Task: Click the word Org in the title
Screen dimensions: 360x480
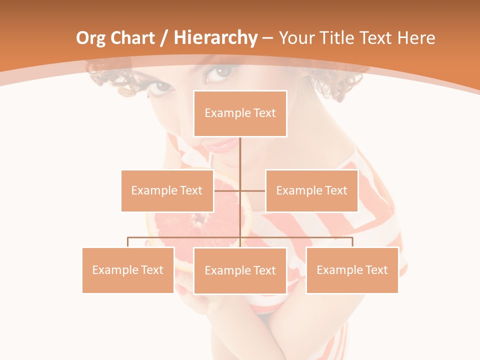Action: point(91,38)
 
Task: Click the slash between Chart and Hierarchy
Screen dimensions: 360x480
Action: point(164,38)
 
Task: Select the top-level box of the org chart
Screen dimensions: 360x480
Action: point(240,113)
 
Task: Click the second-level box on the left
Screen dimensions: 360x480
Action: point(167,190)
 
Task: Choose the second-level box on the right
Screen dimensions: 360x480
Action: point(311,190)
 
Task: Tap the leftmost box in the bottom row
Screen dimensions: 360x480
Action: point(128,270)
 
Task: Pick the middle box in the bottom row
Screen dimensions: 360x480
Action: point(240,270)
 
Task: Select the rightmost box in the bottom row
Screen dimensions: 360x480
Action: point(352,270)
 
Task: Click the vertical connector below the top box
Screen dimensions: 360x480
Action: point(240,160)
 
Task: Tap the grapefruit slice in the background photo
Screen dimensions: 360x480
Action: point(200,220)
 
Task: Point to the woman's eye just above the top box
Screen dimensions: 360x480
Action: point(218,72)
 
